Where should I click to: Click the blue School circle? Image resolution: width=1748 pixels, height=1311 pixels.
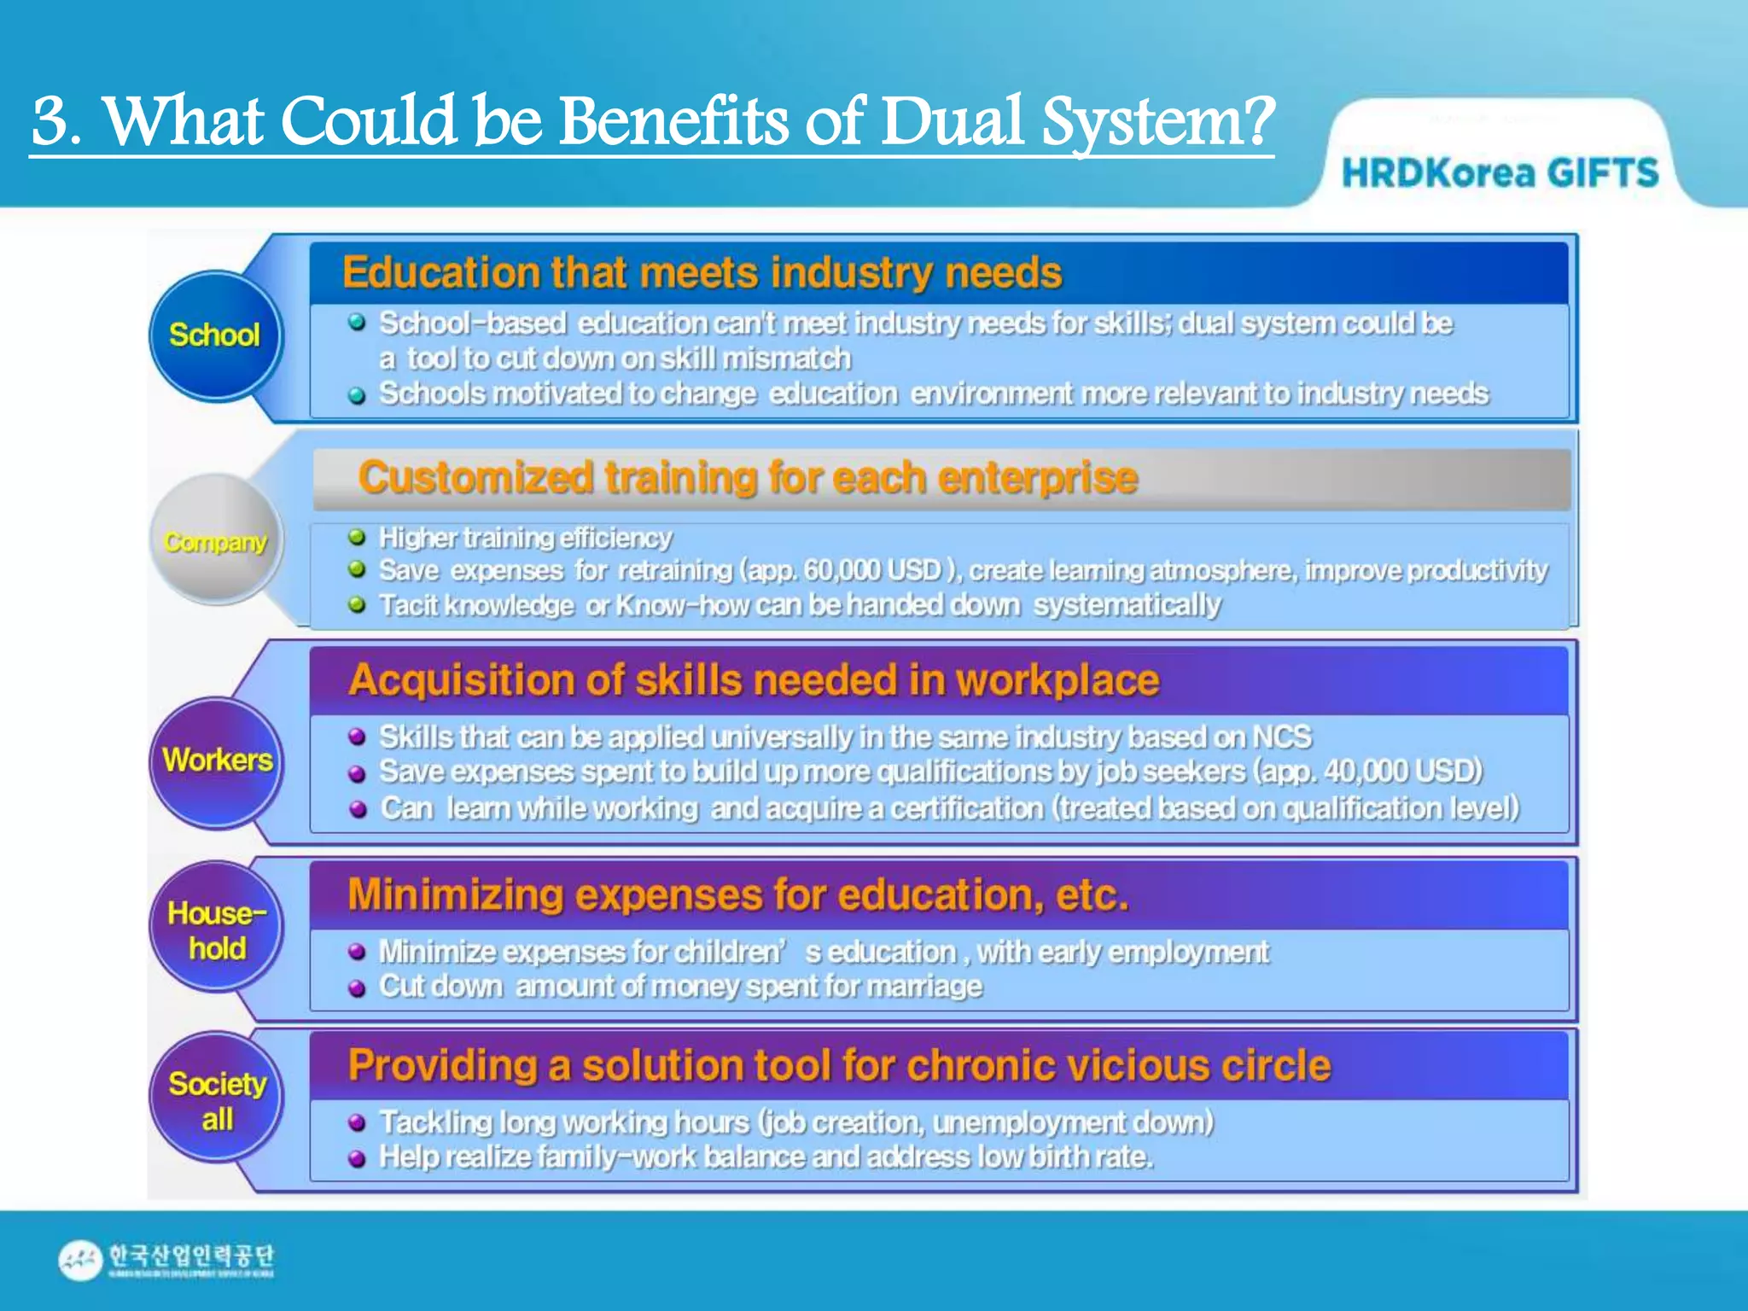point(215,335)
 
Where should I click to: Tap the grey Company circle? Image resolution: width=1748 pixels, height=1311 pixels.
point(215,540)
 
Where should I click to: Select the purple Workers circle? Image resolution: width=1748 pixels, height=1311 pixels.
point(217,760)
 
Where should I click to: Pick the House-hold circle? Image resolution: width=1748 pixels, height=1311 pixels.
point(217,929)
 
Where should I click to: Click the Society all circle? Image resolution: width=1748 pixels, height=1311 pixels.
point(217,1100)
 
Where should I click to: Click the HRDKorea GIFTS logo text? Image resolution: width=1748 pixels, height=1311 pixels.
point(1500,173)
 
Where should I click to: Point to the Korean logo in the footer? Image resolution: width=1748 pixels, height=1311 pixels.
point(167,1259)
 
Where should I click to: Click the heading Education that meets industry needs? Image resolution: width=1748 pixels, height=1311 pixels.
point(702,273)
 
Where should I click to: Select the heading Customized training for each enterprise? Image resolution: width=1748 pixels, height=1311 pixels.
point(748,477)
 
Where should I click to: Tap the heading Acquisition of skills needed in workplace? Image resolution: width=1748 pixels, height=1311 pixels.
point(754,680)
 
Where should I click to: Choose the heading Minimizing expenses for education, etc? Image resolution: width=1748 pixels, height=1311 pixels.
point(738,895)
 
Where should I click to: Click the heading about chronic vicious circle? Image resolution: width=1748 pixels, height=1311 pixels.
point(839,1066)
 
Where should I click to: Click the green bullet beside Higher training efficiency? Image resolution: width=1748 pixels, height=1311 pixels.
point(357,537)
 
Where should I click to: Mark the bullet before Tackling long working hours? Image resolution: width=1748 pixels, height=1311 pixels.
point(357,1122)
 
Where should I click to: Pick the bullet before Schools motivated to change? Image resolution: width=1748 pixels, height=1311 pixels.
point(357,395)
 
